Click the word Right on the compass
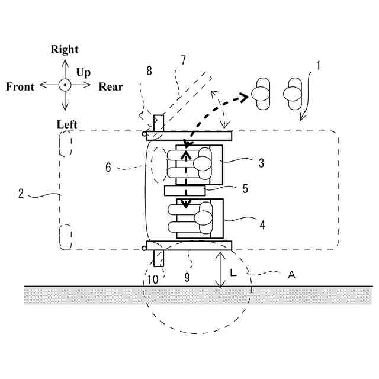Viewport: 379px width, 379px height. [65, 50]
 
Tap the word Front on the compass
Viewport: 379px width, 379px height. [20, 87]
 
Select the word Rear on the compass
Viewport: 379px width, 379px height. [111, 87]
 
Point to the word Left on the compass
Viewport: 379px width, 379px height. [68, 124]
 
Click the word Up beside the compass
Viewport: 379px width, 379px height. [83, 73]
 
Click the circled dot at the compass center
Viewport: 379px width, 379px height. [65, 86]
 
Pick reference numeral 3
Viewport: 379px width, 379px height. [261, 163]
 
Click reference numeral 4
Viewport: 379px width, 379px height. [262, 225]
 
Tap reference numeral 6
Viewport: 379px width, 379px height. [108, 168]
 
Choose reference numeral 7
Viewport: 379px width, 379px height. [183, 60]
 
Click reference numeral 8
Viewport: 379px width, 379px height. [149, 71]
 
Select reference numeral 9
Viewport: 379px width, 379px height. [187, 277]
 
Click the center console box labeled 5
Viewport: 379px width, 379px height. [185, 191]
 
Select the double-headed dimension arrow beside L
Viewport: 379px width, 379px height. [220, 269]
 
